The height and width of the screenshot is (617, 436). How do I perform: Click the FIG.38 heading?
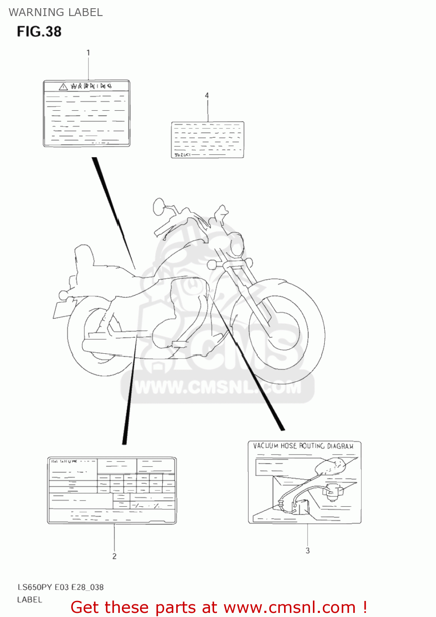[x=39, y=32]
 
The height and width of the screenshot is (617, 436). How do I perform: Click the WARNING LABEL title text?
[x=56, y=12]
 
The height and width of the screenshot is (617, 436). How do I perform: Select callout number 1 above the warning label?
[x=88, y=53]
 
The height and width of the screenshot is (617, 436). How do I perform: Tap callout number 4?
[x=207, y=95]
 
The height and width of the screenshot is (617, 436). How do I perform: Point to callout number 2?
[x=114, y=556]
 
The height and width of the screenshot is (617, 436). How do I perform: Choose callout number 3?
[x=308, y=550]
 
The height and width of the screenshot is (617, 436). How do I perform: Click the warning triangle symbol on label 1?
[x=63, y=86]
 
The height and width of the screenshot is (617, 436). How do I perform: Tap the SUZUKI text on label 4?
[x=182, y=155]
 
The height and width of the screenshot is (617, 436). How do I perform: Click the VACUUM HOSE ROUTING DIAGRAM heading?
[x=303, y=446]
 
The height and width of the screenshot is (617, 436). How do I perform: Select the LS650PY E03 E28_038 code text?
[x=60, y=587]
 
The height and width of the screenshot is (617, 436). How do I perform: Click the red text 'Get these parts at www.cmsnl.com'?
[x=218, y=607]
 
